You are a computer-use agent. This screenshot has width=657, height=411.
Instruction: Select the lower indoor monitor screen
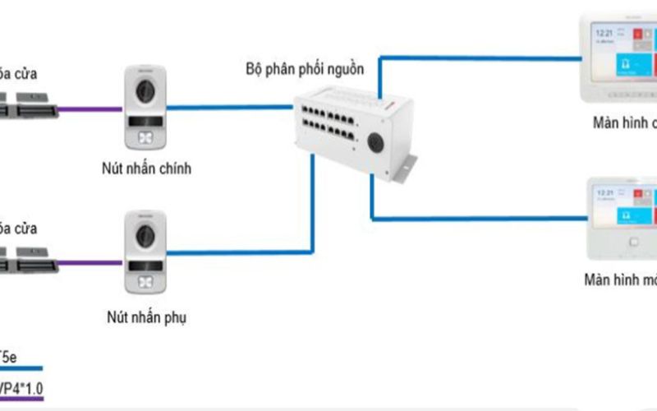[x=623, y=212]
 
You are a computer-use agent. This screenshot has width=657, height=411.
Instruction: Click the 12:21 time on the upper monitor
[x=604, y=33]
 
